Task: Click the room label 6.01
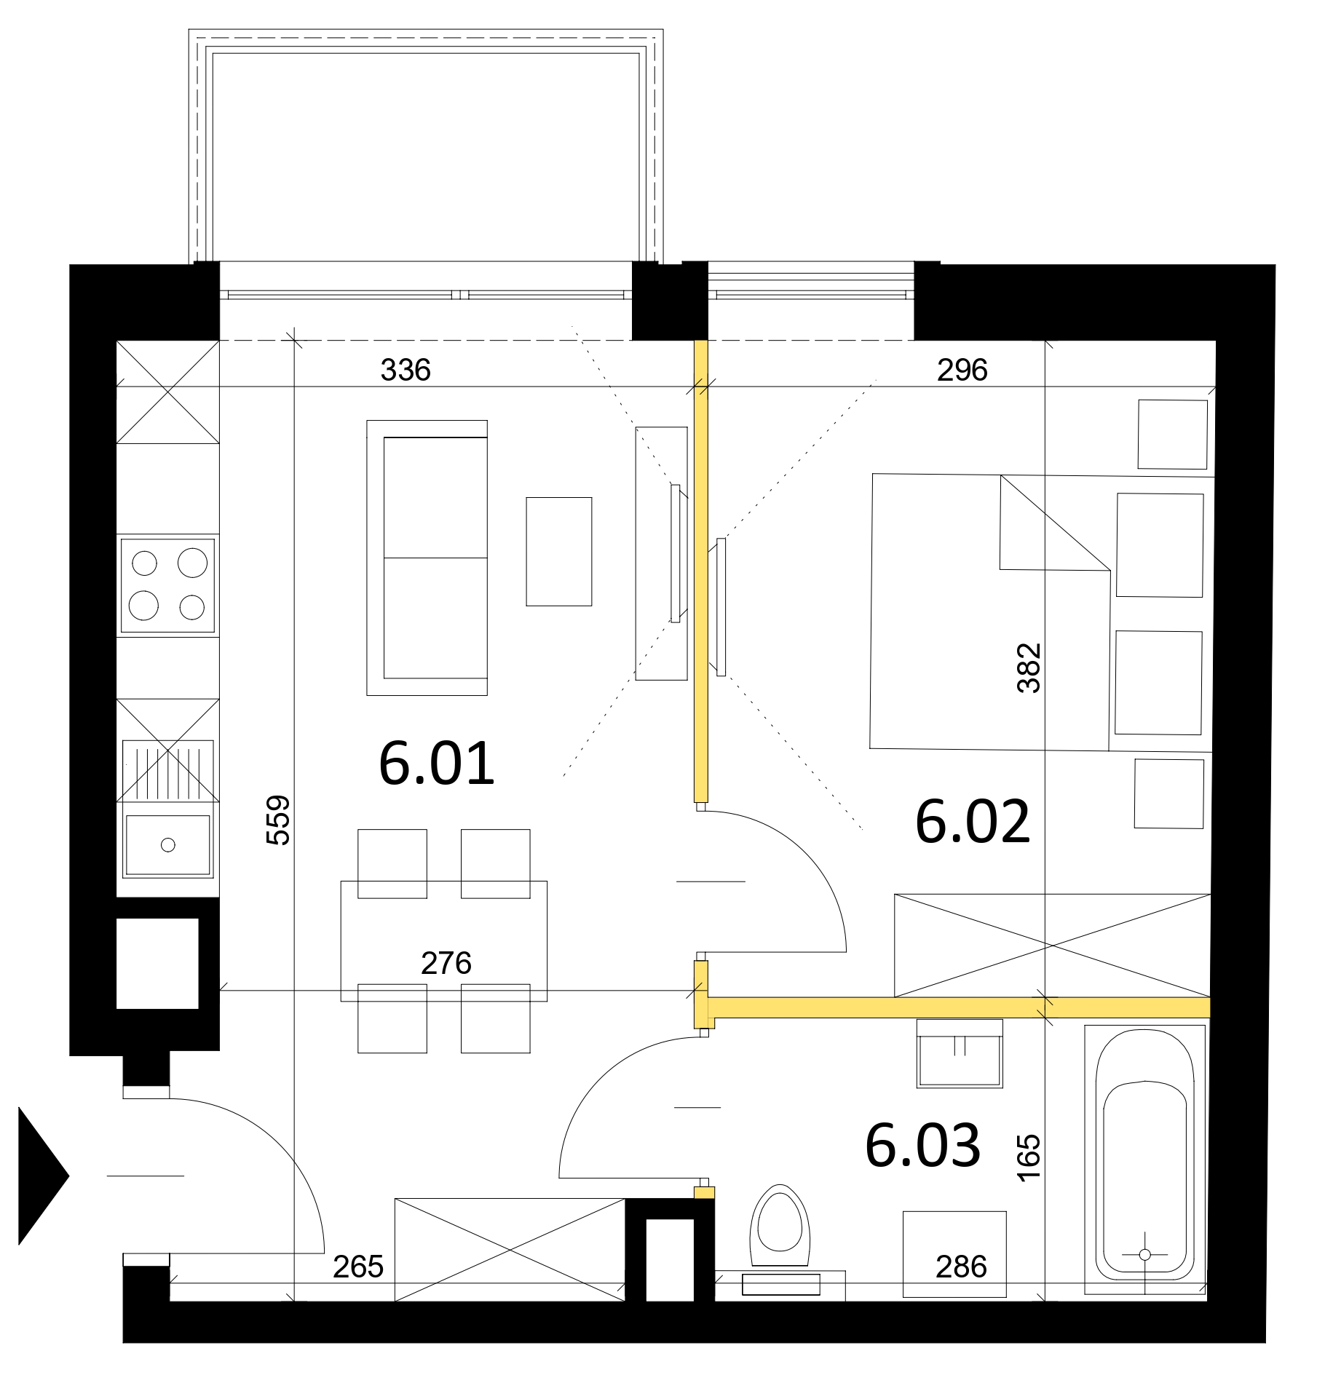point(437,764)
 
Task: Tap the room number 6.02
point(973,822)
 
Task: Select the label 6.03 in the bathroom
point(923,1145)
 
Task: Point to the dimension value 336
point(406,370)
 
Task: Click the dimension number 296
point(962,370)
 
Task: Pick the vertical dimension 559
point(279,820)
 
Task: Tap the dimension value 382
point(1029,667)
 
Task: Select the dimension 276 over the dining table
point(446,963)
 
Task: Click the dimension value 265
point(358,1267)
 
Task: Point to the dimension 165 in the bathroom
point(1029,1157)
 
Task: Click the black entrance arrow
point(43,1176)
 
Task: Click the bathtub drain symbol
point(1144,1254)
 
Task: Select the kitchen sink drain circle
point(168,845)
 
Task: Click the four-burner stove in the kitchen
point(167,585)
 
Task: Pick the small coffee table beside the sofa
point(559,551)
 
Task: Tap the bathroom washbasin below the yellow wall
point(960,1053)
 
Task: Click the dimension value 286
point(961,1267)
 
